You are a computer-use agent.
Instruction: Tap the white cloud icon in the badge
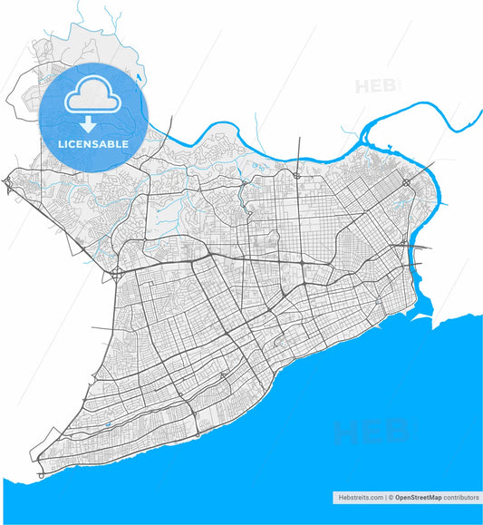click(94, 94)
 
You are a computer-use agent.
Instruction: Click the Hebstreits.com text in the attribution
click(358, 498)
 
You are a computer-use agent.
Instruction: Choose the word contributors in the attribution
click(460, 498)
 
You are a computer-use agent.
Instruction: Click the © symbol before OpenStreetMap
click(391, 498)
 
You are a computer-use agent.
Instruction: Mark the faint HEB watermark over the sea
click(372, 433)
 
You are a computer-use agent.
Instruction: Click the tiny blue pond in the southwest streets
click(108, 423)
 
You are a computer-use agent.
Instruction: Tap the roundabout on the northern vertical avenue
click(297, 175)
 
